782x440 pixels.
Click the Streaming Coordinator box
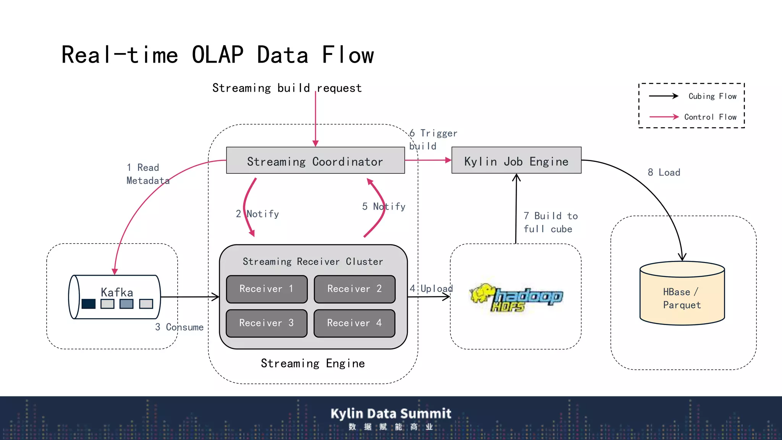tap(315, 161)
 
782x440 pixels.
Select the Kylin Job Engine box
tap(516, 161)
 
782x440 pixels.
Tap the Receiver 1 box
tap(267, 289)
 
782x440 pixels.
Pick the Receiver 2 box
tap(354, 289)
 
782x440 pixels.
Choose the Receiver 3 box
tap(267, 323)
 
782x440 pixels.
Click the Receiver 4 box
tap(354, 323)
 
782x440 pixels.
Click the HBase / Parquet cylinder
tap(682, 298)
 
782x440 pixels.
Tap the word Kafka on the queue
tap(117, 292)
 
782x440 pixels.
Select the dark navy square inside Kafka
tap(89, 304)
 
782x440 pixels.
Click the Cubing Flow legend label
tap(712, 96)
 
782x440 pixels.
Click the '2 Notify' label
tap(257, 214)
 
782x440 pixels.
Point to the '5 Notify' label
tap(384, 207)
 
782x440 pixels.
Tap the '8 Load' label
tap(664, 173)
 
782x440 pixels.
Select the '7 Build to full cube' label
tap(550, 222)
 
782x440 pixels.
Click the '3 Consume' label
tap(179, 327)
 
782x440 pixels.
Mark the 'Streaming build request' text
tap(287, 88)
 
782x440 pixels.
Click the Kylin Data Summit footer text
tap(391, 414)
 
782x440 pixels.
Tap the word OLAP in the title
tap(217, 55)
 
